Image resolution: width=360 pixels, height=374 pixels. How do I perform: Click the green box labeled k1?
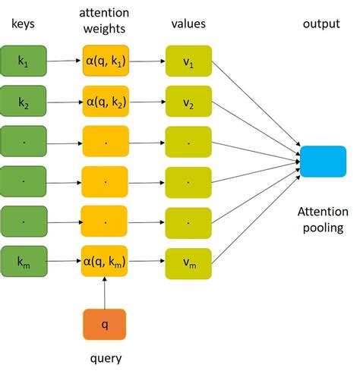24,61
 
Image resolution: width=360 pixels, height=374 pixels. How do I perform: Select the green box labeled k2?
24,101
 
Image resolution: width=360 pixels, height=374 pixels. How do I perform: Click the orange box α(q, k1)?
106,61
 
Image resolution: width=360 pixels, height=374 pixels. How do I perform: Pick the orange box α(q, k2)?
106,101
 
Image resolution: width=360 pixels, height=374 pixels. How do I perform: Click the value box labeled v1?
188,61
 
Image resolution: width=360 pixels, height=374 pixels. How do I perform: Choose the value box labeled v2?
188,101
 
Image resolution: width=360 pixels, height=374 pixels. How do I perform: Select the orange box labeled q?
106,324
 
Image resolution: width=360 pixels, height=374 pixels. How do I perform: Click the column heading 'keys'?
24,24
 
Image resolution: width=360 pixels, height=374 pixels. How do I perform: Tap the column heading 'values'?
188,24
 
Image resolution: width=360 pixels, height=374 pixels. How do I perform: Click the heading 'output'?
322,24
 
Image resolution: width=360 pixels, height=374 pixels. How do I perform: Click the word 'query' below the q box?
106,358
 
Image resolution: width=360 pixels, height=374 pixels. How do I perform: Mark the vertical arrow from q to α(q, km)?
106,293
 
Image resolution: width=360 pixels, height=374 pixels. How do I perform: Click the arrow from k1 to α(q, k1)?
65,61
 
